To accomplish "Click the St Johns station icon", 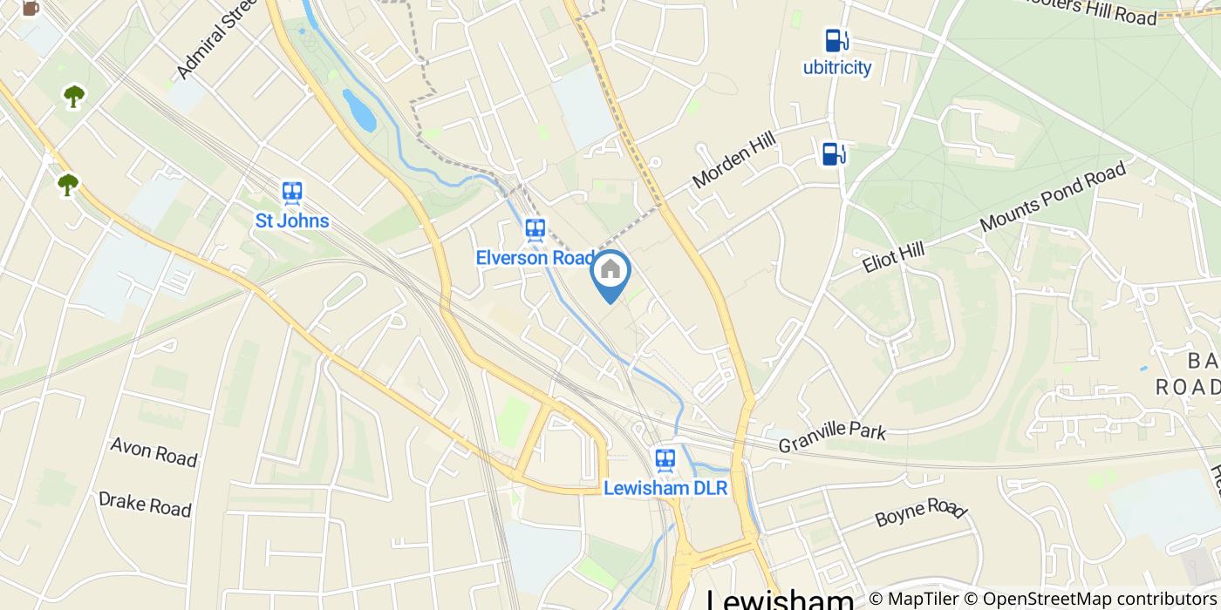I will (292, 193).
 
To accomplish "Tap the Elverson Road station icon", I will (535, 230).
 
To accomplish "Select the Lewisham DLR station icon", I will (665, 458).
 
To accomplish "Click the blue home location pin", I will (610, 273).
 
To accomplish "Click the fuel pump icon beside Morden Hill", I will (834, 153).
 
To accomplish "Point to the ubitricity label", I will (837, 68).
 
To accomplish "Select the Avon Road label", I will (153, 451).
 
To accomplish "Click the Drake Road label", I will (145, 504).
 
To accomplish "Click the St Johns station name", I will (292, 220).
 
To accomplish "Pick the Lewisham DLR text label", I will (665, 488).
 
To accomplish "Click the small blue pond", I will (358, 110).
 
